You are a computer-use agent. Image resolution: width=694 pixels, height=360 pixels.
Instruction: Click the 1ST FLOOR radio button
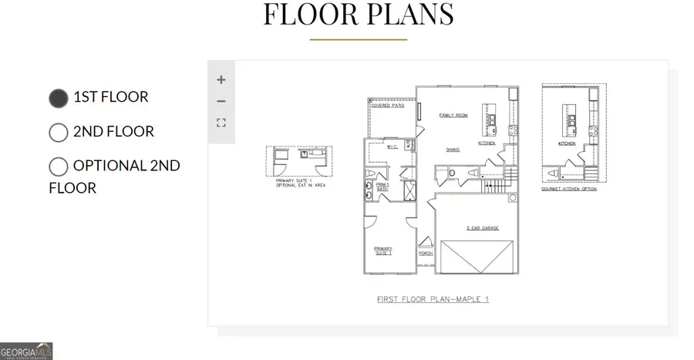[x=59, y=98]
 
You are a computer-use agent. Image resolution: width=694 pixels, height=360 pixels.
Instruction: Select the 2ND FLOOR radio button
[x=59, y=132]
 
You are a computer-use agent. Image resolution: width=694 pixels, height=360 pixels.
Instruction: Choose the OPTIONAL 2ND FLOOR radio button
[x=59, y=166]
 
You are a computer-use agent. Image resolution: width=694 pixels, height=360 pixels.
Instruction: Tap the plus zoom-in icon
[x=221, y=79]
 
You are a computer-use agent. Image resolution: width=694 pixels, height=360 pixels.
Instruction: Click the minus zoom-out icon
[x=221, y=101]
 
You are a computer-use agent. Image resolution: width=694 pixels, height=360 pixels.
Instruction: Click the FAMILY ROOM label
[x=453, y=115]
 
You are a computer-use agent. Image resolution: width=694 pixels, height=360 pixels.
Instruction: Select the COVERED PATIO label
[x=388, y=105]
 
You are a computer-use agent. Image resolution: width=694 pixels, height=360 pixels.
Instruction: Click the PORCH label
[x=426, y=253]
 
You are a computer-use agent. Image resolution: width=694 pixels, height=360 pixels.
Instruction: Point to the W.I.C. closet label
[x=391, y=147]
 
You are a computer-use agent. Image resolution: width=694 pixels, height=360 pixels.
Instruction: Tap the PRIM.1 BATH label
[x=383, y=187]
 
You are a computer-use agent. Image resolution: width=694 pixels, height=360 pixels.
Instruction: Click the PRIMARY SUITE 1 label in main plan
[x=383, y=251]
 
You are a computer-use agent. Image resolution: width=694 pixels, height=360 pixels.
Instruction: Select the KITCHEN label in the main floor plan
[x=487, y=143]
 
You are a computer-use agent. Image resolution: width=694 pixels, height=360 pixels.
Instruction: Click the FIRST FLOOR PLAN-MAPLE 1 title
[x=433, y=298]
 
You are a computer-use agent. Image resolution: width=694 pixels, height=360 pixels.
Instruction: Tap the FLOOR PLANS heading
[x=359, y=15]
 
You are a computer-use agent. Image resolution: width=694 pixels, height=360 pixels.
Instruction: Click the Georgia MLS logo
[x=27, y=351]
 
